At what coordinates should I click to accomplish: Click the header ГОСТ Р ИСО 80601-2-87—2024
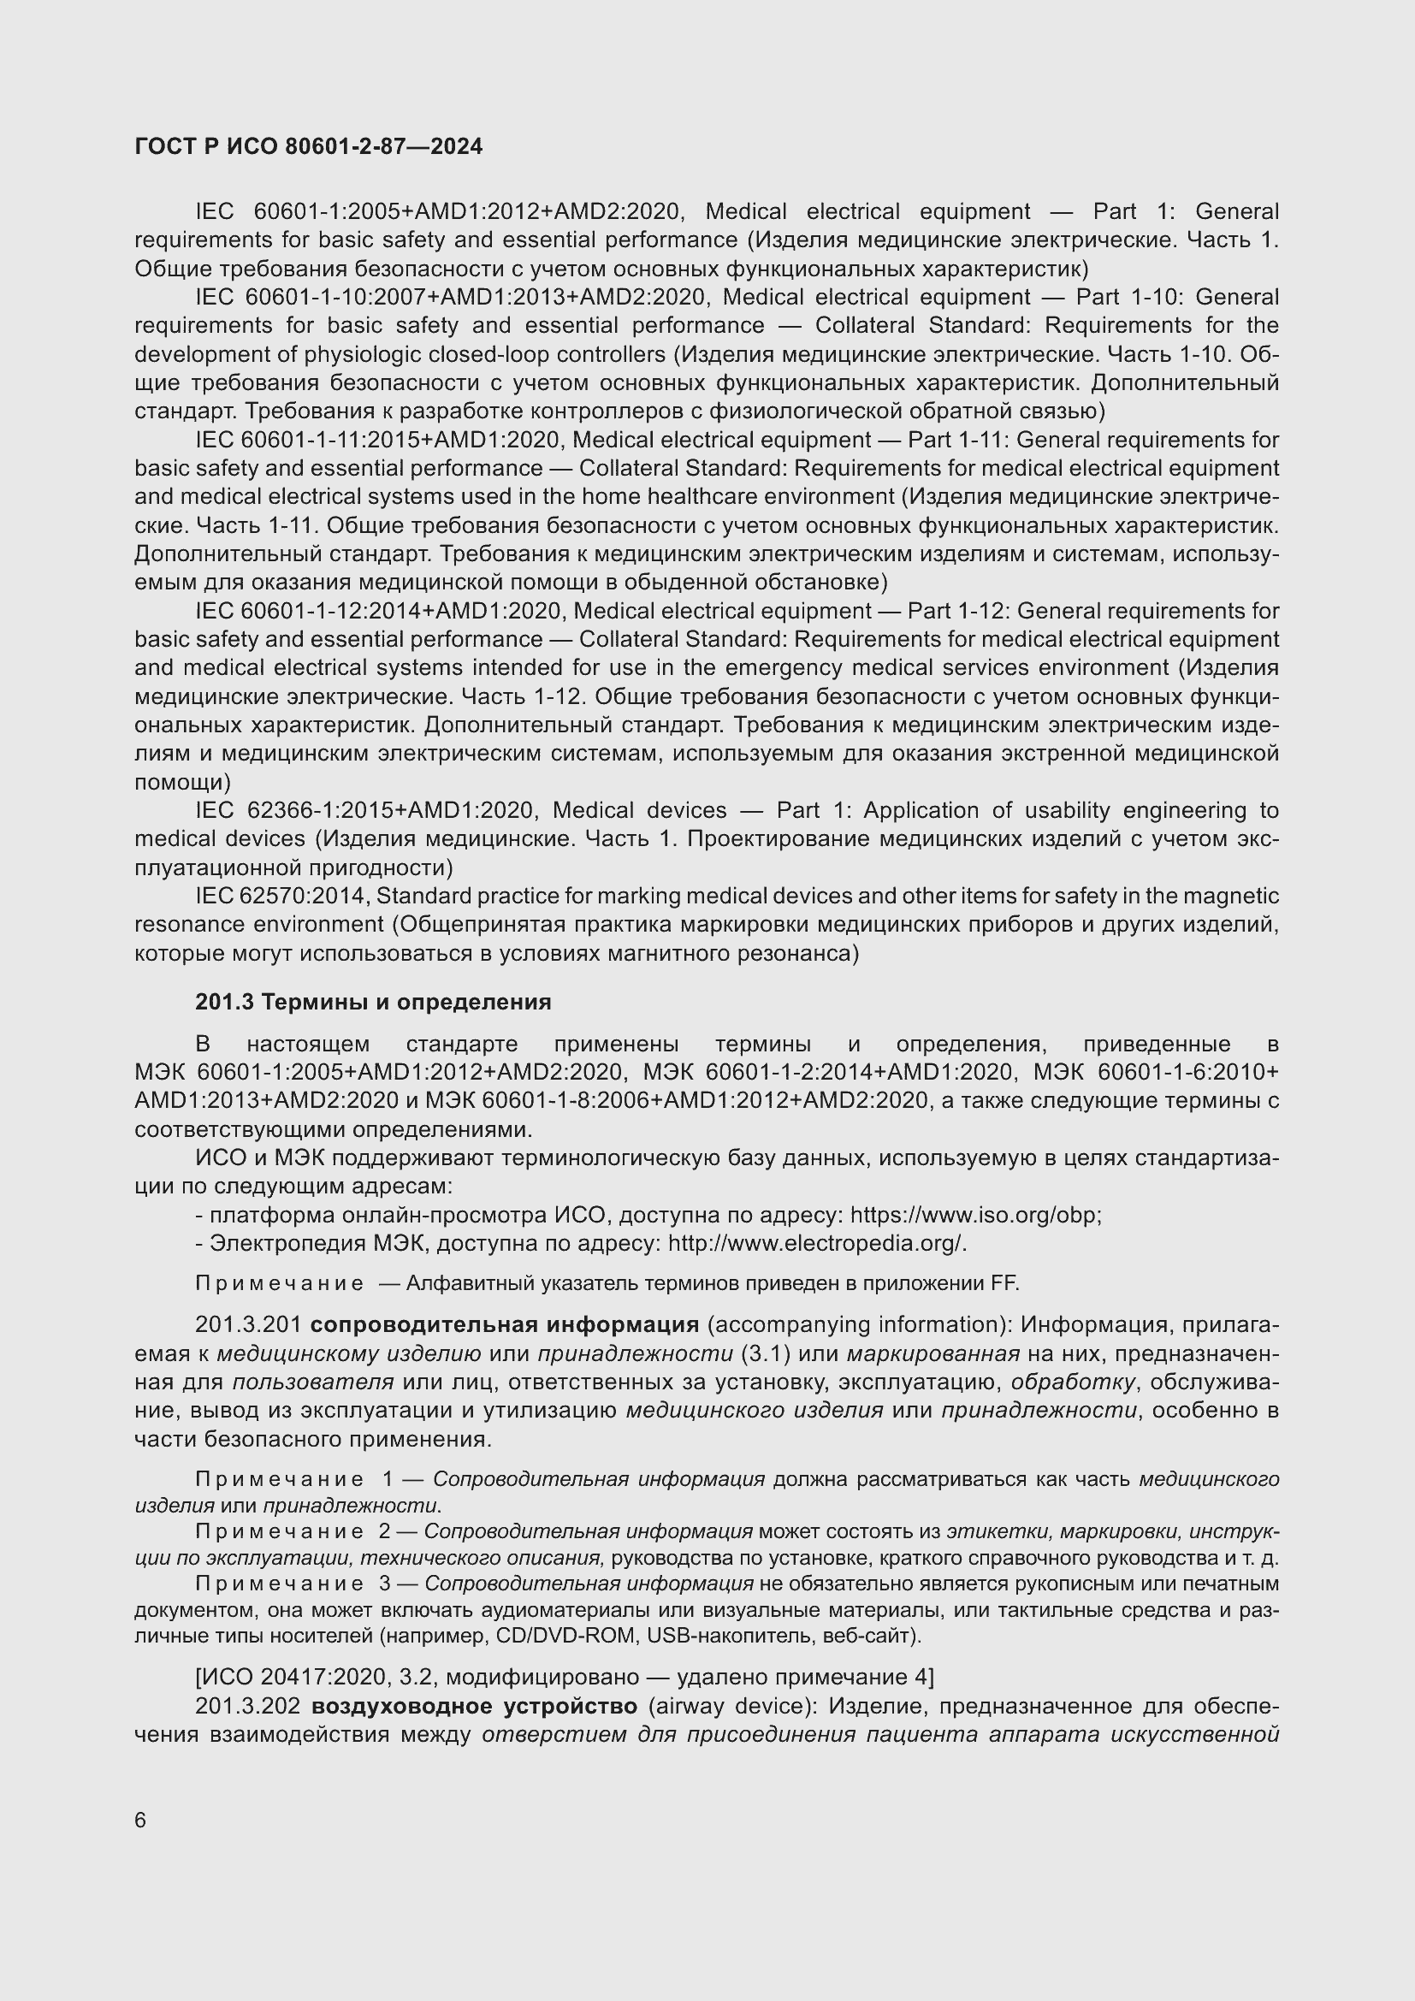pos(309,146)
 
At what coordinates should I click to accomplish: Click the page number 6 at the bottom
pos(140,1820)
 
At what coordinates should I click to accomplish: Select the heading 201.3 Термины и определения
pos(373,1003)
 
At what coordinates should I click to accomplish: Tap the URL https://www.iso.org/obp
pos(974,1215)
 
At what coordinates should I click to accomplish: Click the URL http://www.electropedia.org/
pos(816,1243)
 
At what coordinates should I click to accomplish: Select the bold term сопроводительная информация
pos(505,1324)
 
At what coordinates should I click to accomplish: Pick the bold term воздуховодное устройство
pos(474,1706)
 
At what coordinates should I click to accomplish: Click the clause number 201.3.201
pos(247,1324)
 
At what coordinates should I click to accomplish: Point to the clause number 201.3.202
pos(247,1706)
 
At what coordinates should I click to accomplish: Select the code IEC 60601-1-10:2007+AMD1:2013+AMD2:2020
pos(450,297)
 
